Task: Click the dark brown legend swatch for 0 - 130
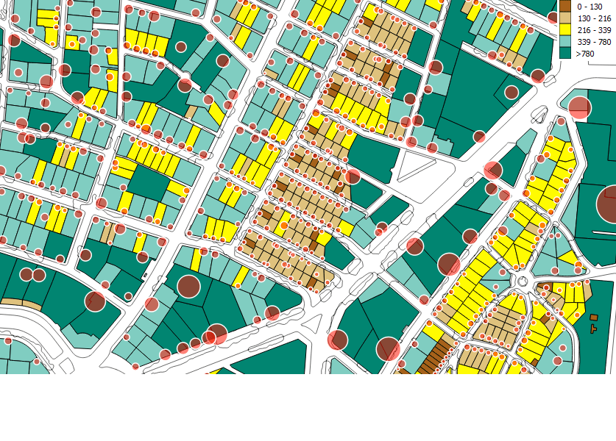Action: pyautogui.click(x=565, y=6)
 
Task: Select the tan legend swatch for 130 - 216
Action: pyautogui.click(x=565, y=18)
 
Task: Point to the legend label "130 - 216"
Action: pyautogui.click(x=595, y=18)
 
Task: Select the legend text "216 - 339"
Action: pyautogui.click(x=595, y=30)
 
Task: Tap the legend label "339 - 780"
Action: pyautogui.click(x=595, y=42)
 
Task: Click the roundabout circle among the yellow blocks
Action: pyautogui.click(x=523, y=282)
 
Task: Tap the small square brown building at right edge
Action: pyautogui.click(x=594, y=317)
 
